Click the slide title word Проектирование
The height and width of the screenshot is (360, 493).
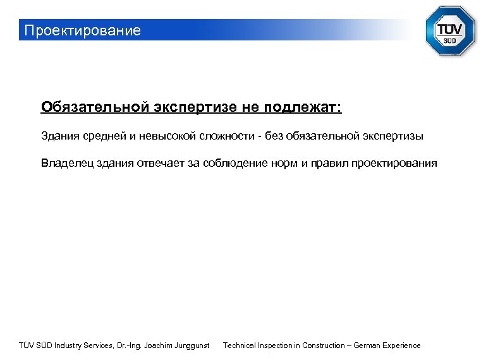(82, 30)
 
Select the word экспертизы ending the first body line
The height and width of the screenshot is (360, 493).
(393, 136)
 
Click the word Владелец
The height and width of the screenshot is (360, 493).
(66, 164)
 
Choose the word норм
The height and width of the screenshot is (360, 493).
(284, 164)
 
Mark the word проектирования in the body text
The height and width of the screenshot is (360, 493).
(394, 164)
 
